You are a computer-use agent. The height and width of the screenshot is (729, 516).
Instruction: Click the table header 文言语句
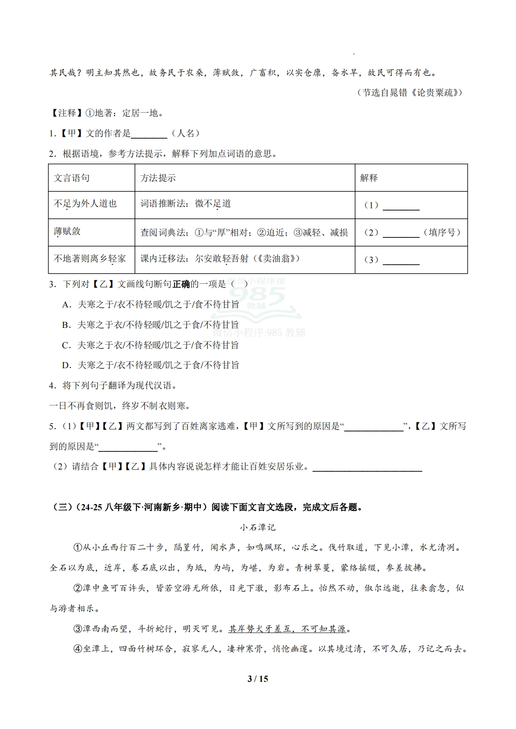72,178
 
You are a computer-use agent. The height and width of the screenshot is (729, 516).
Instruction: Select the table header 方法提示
158,178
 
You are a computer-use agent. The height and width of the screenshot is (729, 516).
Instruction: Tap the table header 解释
369,178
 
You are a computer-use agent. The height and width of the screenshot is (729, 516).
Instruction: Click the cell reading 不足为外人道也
85,204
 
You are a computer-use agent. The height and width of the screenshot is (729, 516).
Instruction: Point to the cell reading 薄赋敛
67,231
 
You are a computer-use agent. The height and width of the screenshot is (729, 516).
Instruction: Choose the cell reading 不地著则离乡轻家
90,259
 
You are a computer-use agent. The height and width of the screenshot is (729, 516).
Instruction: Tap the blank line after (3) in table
401,261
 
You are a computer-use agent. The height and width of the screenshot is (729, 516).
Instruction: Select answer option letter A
66,305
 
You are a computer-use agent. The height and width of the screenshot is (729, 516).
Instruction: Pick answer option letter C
66,345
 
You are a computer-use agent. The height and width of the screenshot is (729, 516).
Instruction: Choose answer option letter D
66,366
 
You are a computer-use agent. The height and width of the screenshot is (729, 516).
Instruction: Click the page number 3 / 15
258,679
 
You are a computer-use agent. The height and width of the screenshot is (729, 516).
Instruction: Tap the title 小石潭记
258,527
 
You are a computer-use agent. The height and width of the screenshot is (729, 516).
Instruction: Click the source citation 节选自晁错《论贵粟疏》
409,93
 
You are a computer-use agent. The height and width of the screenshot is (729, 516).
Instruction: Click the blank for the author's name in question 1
149,134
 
